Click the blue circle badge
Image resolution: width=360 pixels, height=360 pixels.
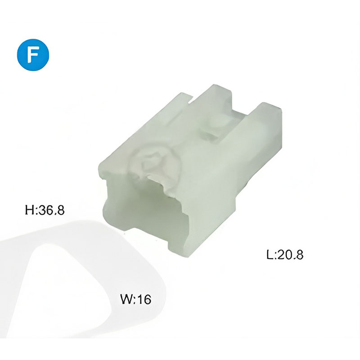pos(33,55)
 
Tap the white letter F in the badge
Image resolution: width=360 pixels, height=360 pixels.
pos(33,55)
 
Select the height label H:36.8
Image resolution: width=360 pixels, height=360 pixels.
pos(45,210)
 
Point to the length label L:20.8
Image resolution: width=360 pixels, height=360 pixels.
pos(285,254)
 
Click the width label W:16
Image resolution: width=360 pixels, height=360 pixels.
pos(136,299)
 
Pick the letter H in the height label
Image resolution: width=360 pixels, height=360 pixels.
pos(29,210)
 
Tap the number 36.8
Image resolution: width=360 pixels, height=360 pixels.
pos(51,210)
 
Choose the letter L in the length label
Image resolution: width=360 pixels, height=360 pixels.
pos(270,254)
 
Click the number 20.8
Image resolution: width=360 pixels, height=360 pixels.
pos(290,254)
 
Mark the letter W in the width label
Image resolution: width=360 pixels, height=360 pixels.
pos(126,299)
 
